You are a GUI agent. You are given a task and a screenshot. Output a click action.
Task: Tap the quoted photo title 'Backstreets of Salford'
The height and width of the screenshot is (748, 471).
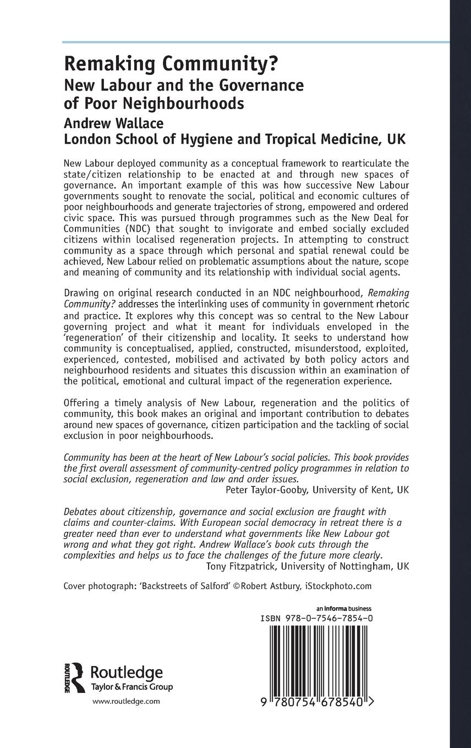(x=182, y=586)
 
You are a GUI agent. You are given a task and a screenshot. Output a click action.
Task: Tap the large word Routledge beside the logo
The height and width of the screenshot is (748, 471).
(x=126, y=672)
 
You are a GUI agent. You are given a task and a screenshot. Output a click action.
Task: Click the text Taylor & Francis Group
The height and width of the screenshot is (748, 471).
(x=131, y=687)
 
